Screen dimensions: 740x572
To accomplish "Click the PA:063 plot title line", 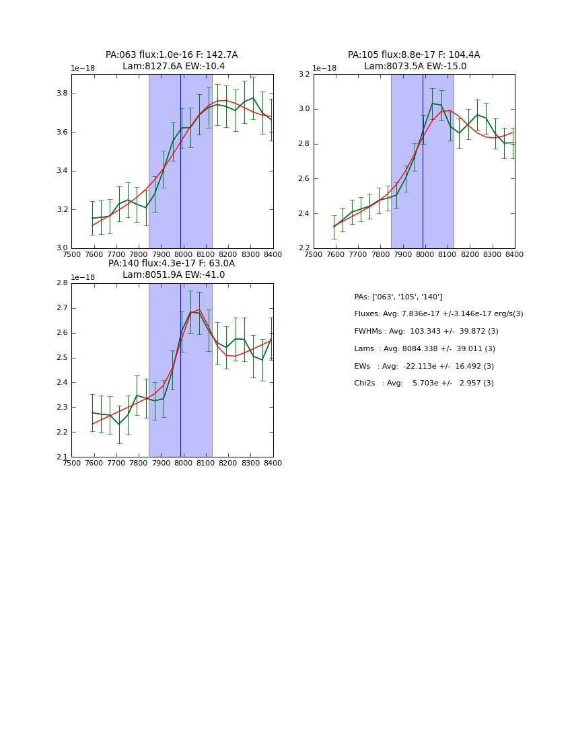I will (172, 55).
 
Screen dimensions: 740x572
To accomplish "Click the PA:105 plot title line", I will (414, 55).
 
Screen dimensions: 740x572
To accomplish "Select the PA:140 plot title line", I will (172, 264).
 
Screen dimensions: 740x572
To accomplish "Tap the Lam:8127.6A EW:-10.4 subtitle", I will (174, 67).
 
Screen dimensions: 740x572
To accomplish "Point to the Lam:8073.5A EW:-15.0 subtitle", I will (415, 67).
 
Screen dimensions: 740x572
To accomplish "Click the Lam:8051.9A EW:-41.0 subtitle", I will (174, 275).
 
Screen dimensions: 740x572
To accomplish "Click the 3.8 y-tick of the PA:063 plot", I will (61, 94).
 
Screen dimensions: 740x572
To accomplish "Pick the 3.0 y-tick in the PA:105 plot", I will (303, 109).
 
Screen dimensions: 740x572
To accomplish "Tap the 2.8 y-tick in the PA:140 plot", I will (61, 283).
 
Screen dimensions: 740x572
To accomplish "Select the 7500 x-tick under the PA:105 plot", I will (314, 254).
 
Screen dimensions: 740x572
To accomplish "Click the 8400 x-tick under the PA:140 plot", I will (273, 463).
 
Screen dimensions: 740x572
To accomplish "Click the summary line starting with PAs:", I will (398, 297).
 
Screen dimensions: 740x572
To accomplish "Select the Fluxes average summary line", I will (438, 314).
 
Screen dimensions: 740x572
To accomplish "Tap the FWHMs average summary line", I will (426, 332).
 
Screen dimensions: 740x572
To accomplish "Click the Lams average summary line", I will (425, 349).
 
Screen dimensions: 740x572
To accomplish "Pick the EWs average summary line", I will (424, 366).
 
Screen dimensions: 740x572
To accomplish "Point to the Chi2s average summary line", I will (424, 383).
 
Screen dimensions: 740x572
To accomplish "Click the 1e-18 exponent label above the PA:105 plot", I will (324, 69).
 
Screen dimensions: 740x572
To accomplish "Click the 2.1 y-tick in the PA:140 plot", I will (61, 457).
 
